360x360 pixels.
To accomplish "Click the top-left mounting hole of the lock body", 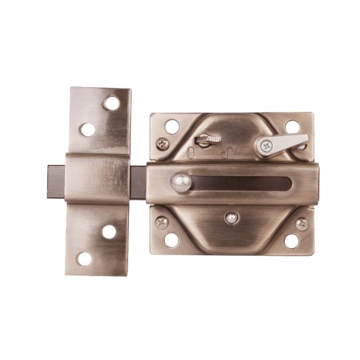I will [172, 126].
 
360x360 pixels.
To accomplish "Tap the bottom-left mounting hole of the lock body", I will [171, 240].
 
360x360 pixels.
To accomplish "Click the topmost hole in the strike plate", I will [112, 103].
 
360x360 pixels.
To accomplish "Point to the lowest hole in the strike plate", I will [85, 259].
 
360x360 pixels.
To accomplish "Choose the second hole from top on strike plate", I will [87, 129].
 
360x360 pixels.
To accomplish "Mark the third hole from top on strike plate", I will [109, 232].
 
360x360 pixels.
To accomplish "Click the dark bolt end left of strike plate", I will [55, 179].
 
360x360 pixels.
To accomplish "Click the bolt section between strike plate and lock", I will [139, 179].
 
